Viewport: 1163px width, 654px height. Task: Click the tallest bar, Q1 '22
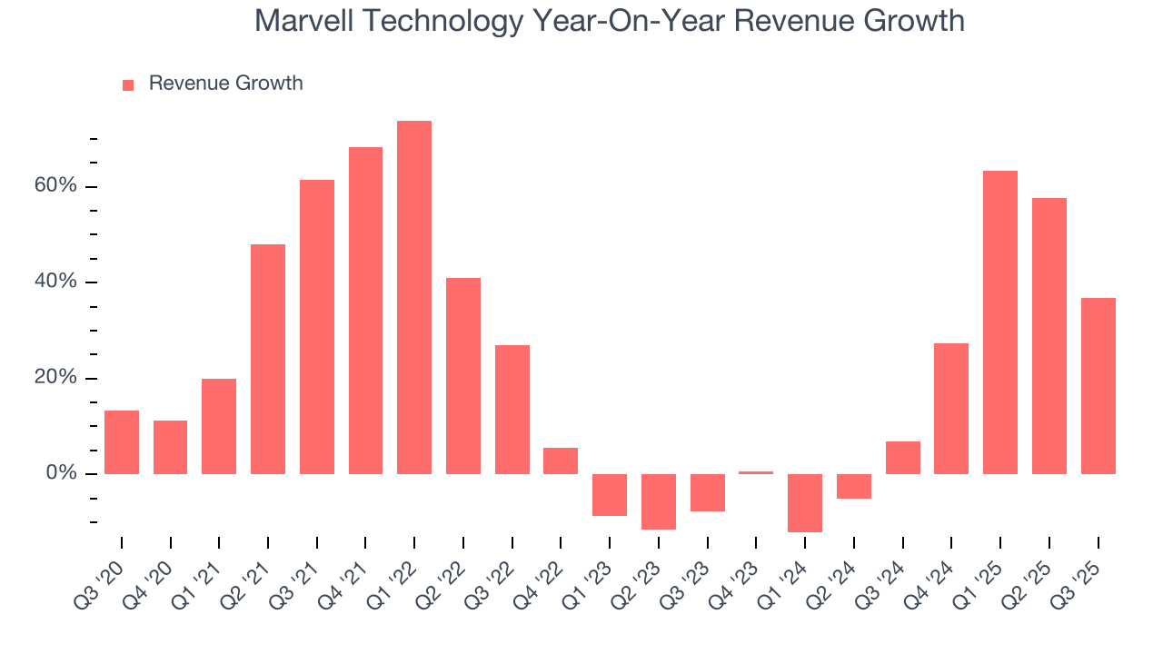pyautogui.click(x=414, y=297)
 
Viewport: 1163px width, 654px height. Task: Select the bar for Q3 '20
pyautogui.click(x=122, y=442)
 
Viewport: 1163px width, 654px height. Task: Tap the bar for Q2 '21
pyautogui.click(x=268, y=359)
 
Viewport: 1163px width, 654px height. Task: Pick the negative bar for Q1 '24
pyautogui.click(x=805, y=502)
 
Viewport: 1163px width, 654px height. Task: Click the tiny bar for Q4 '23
pyautogui.click(x=756, y=472)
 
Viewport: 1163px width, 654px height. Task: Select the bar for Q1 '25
pyautogui.click(x=1000, y=322)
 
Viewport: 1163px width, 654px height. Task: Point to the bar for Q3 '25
pyautogui.click(x=1098, y=386)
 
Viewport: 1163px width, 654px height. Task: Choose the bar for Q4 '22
pyautogui.click(x=561, y=461)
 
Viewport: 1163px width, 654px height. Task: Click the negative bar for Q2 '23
pyautogui.click(x=659, y=501)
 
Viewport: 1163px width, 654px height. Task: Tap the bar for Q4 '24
pyautogui.click(x=951, y=409)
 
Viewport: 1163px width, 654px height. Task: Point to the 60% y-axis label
pyautogui.click(x=57, y=186)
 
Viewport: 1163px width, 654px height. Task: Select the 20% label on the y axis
pyautogui.click(x=57, y=378)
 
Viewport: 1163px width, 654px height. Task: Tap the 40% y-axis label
pyautogui.click(x=57, y=282)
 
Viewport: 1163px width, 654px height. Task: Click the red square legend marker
pyautogui.click(x=128, y=84)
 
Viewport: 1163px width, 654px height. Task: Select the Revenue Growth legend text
pyautogui.click(x=225, y=84)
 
